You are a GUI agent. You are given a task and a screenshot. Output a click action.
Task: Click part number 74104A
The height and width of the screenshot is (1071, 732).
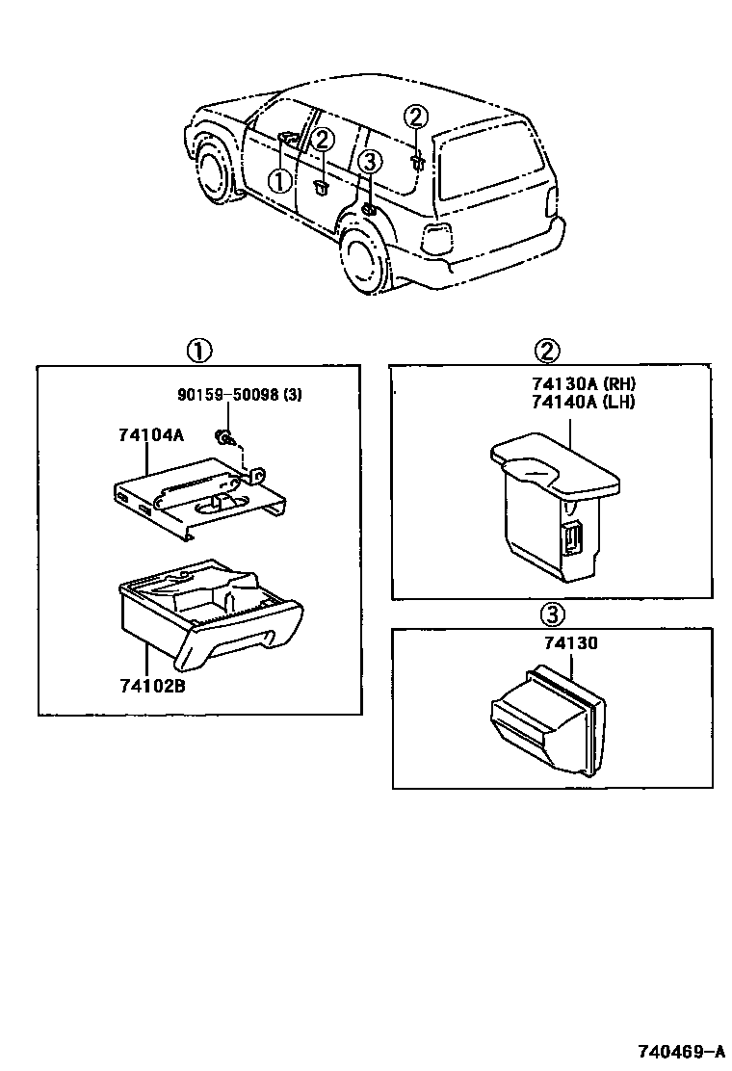click(x=150, y=435)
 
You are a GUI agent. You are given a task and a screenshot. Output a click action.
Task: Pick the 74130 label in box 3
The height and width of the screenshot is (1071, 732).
click(x=570, y=643)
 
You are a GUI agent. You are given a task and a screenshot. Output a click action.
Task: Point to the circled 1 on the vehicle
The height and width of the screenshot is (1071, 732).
click(x=278, y=180)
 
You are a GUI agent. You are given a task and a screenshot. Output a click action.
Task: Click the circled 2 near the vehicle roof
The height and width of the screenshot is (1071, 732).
click(x=415, y=117)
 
